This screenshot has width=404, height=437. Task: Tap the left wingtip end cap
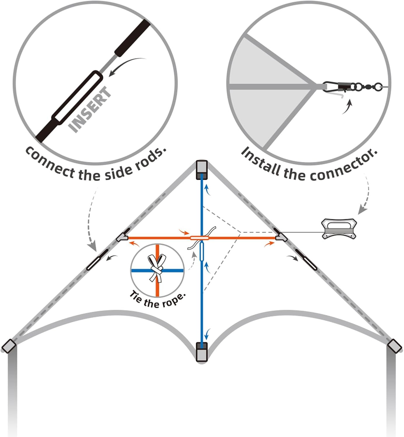pyautogui.click(x=9, y=346)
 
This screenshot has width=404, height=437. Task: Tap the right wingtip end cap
pyautogui.click(x=394, y=346)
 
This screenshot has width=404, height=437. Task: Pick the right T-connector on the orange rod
pyautogui.click(x=281, y=237)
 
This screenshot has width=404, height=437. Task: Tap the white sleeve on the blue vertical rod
pyautogui.click(x=202, y=252)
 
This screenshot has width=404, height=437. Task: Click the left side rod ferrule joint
pyautogui.click(x=98, y=259)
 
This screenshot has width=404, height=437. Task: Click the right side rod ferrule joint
pyautogui.click(x=306, y=259)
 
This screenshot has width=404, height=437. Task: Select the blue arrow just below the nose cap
pyautogui.click(x=207, y=189)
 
